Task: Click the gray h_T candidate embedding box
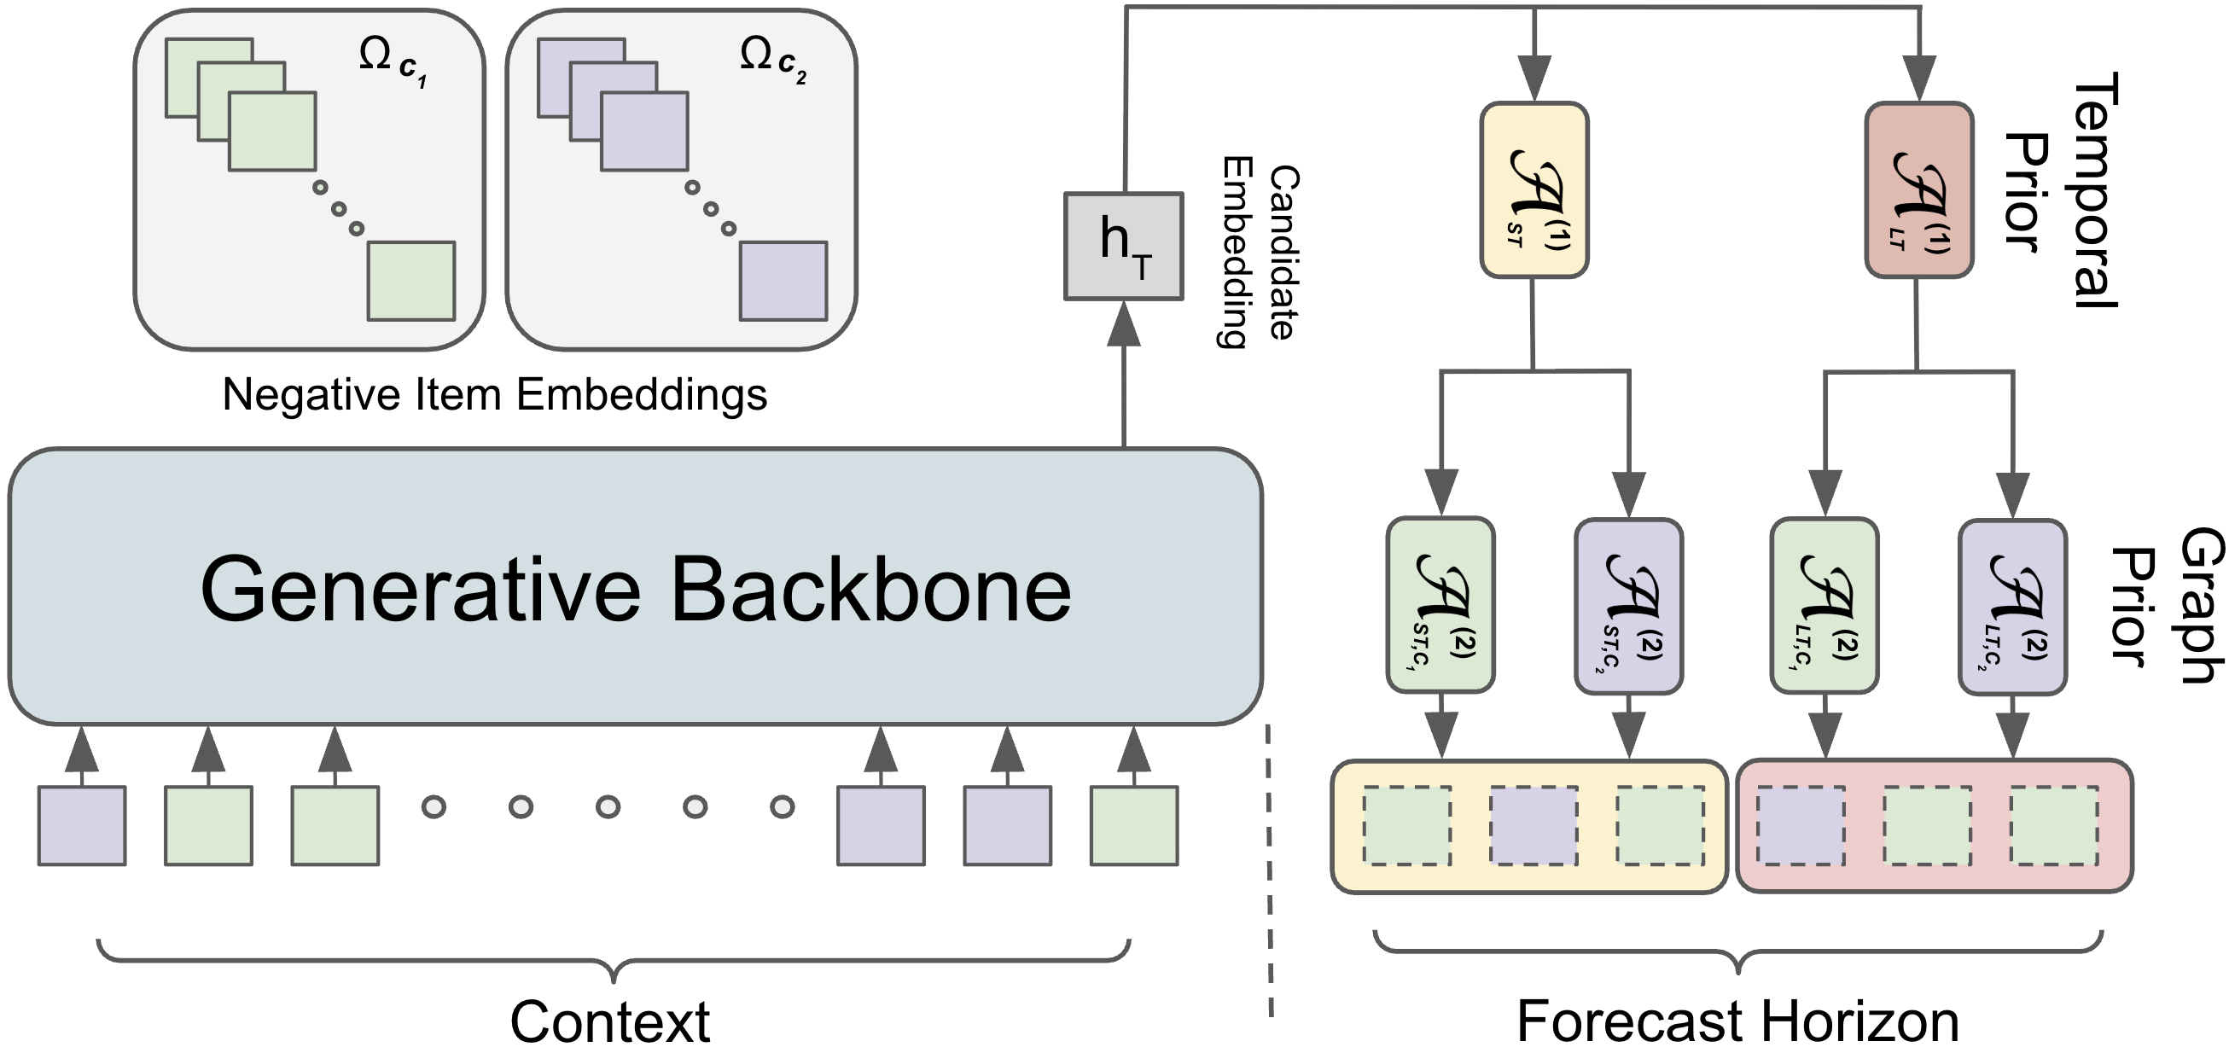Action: (x=1123, y=247)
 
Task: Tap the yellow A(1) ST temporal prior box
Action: (x=1534, y=190)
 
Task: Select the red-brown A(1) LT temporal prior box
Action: (x=1918, y=190)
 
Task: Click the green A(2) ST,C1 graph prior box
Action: (x=1440, y=606)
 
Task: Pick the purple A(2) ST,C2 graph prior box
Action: (x=1628, y=606)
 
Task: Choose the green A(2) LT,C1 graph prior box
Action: (x=1824, y=606)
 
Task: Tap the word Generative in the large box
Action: (x=421, y=590)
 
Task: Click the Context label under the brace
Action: (x=610, y=1021)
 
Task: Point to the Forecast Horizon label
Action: (x=1737, y=1021)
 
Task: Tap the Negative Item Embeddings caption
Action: (x=495, y=394)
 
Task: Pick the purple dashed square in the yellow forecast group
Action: (x=1534, y=824)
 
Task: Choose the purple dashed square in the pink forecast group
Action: (x=1800, y=824)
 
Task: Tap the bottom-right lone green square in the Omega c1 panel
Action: (x=411, y=282)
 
